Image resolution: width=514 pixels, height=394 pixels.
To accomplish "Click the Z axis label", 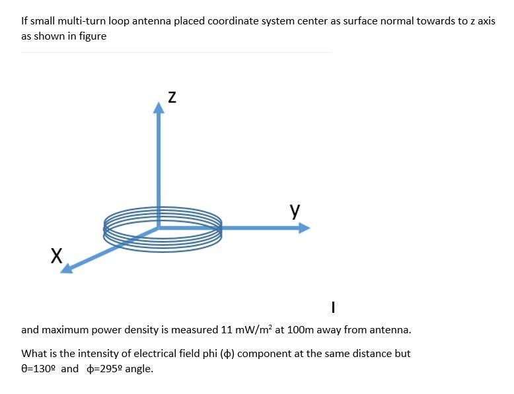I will click(x=170, y=97).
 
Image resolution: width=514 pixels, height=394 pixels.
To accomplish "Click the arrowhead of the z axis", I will click(x=159, y=108).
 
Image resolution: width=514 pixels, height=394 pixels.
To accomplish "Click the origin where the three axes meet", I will click(x=159, y=228).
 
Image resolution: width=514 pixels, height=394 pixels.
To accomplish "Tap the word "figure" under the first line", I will click(x=92, y=36).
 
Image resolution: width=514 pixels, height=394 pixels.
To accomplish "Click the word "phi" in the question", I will click(x=204, y=353).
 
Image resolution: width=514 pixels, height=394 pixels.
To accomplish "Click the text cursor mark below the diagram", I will click(x=334, y=307).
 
